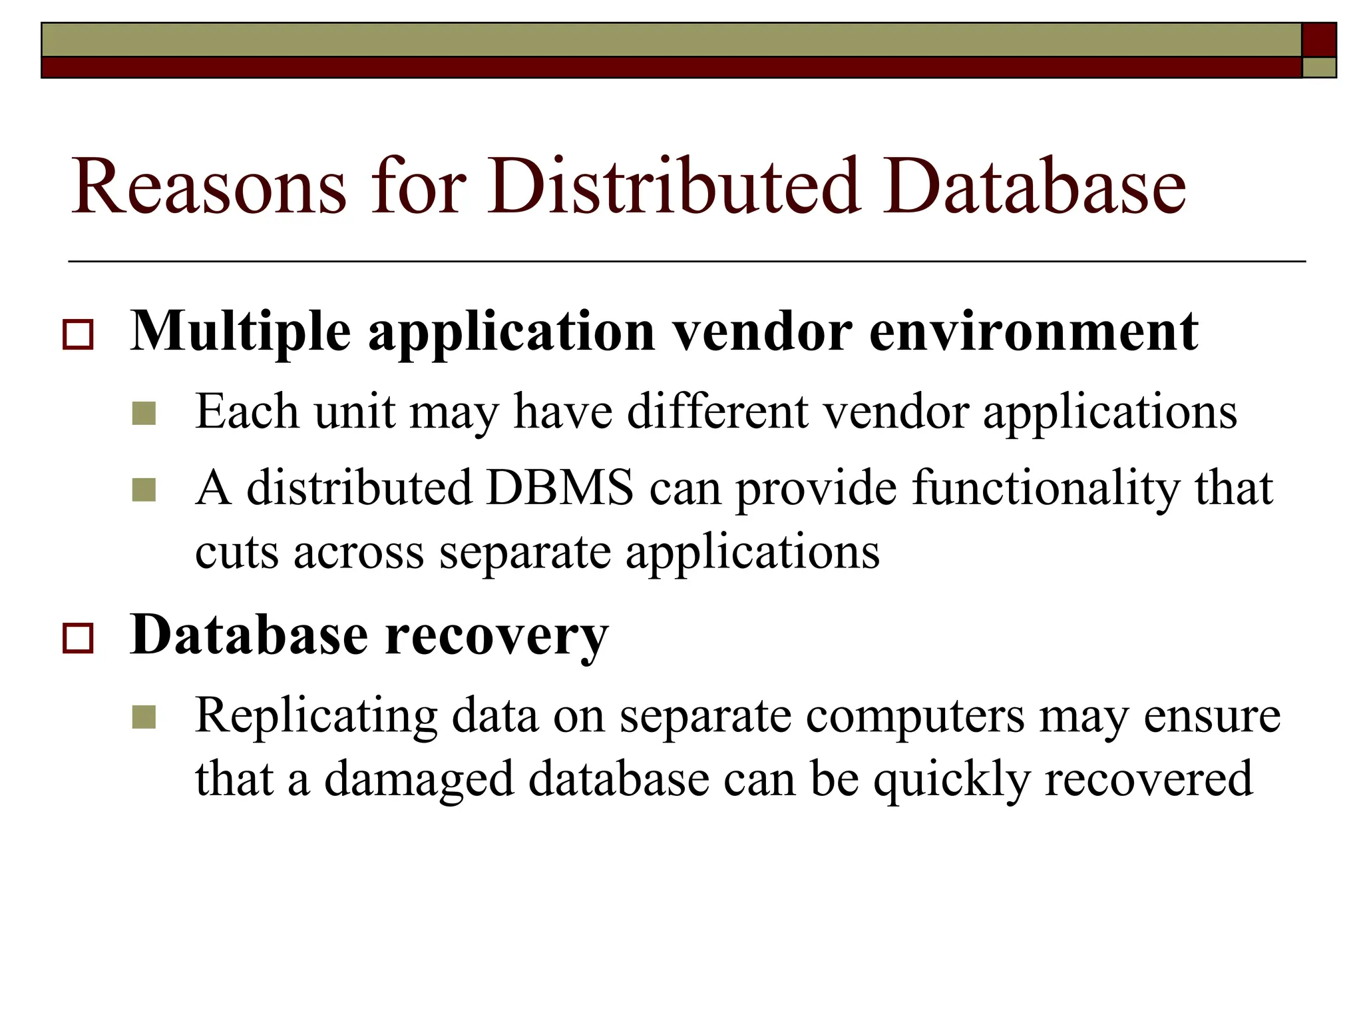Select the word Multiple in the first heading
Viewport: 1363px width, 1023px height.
click(x=240, y=332)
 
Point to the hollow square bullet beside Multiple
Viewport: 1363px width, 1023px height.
click(x=78, y=334)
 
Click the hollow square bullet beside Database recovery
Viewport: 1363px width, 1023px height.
click(x=78, y=638)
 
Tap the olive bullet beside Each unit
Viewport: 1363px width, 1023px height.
click(x=144, y=414)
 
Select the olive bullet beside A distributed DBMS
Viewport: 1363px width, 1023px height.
click(x=144, y=490)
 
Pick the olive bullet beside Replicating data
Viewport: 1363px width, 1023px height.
click(x=144, y=717)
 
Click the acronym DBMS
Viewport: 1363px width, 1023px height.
click(x=559, y=488)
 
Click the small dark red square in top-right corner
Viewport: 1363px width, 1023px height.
click(x=1318, y=40)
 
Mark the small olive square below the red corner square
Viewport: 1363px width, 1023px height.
click(x=1318, y=67)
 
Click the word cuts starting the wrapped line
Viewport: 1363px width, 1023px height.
click(x=236, y=553)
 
